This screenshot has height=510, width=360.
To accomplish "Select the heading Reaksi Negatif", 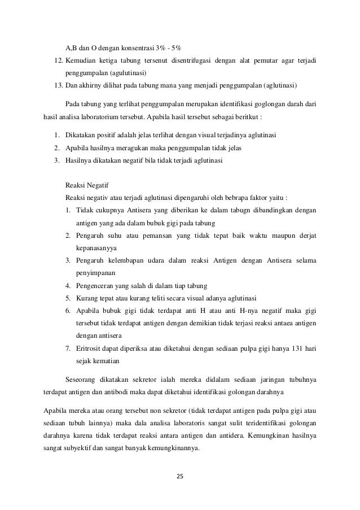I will point(88,185).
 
